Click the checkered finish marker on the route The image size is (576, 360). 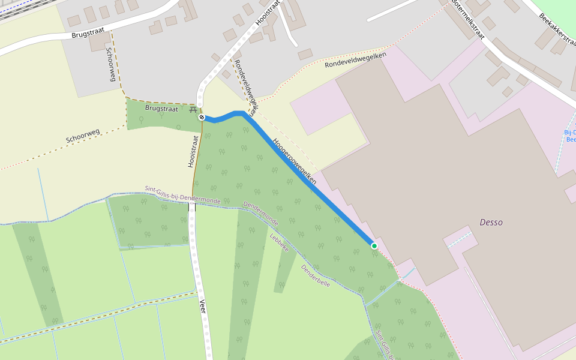[202, 117]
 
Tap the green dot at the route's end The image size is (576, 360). [374, 245]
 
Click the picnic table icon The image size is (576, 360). [193, 109]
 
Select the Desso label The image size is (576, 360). [491, 223]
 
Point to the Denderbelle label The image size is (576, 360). [316, 276]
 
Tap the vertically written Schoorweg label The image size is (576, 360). [110, 65]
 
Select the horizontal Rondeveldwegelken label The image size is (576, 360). [355, 61]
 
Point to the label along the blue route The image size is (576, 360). [294, 161]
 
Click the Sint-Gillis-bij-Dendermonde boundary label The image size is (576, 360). [183, 194]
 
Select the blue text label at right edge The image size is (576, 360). [570, 136]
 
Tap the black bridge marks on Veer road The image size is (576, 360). [192, 207]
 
